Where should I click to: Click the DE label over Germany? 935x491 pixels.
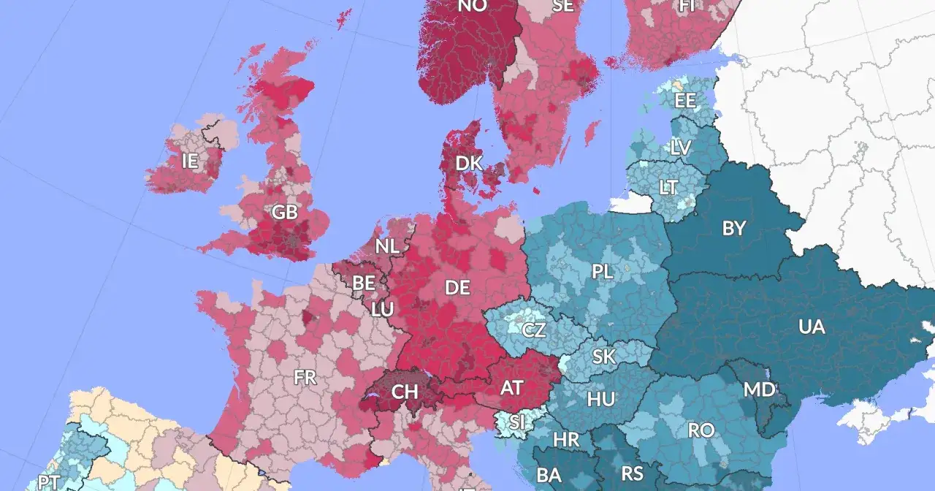click(x=457, y=288)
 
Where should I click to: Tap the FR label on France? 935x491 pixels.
click(x=305, y=378)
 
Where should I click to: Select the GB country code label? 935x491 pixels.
click(x=284, y=213)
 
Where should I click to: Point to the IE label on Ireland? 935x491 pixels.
click(x=190, y=161)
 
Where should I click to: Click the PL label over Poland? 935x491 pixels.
click(x=603, y=272)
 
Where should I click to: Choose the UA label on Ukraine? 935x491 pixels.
click(x=812, y=327)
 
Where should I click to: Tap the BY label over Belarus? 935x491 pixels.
click(x=734, y=229)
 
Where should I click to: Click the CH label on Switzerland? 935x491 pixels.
click(x=404, y=392)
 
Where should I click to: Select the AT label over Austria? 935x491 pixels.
click(x=511, y=388)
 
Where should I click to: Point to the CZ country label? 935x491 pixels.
click(x=534, y=330)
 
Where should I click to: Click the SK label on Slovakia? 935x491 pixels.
click(x=603, y=357)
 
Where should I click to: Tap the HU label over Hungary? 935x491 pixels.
click(x=600, y=400)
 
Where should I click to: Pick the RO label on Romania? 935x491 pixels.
click(x=701, y=430)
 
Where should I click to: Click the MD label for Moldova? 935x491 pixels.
click(x=759, y=389)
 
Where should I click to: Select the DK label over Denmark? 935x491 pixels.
click(x=469, y=163)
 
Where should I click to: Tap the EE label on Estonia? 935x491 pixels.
click(x=685, y=101)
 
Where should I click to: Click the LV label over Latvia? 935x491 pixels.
click(x=680, y=148)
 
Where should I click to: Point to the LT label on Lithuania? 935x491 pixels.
click(x=668, y=188)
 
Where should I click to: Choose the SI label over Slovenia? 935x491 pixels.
click(x=517, y=422)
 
